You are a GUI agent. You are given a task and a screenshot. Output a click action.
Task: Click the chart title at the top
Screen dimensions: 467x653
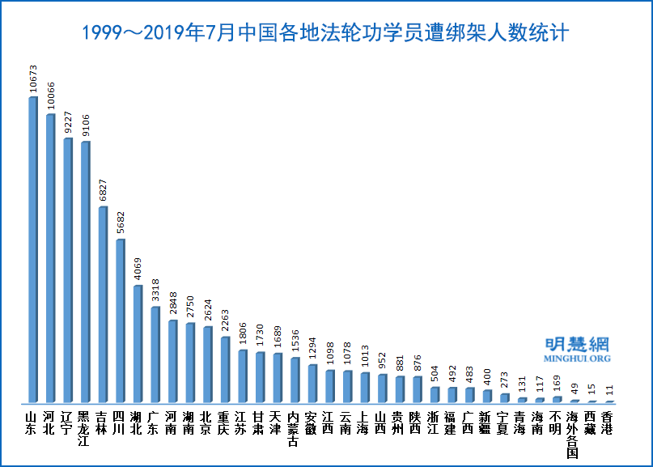point(326,33)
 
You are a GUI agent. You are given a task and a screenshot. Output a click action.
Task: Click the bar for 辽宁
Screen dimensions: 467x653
point(68,270)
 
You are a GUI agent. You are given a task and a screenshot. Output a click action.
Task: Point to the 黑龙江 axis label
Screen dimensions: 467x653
point(85,429)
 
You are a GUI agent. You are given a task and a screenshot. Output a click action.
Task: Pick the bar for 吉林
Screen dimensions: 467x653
point(103,304)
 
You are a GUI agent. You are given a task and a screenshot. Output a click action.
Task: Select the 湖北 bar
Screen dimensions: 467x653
point(138,343)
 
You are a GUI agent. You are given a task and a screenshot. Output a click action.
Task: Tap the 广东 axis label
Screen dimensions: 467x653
point(155,423)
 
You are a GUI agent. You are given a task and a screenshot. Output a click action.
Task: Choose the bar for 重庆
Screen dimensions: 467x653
point(225,369)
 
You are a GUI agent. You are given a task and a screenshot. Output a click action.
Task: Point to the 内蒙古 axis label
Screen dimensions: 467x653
point(295,429)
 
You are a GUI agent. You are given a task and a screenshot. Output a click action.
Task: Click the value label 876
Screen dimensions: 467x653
point(416,363)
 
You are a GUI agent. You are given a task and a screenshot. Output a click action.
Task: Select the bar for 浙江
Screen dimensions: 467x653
point(434,394)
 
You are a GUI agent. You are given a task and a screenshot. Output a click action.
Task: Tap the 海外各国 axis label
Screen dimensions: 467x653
point(573,435)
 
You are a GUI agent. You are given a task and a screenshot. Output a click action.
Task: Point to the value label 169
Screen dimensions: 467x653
point(556,381)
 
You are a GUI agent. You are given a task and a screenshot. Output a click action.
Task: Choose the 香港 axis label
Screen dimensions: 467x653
point(608,423)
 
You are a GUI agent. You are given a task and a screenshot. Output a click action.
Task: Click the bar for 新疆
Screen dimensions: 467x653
point(486,396)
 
